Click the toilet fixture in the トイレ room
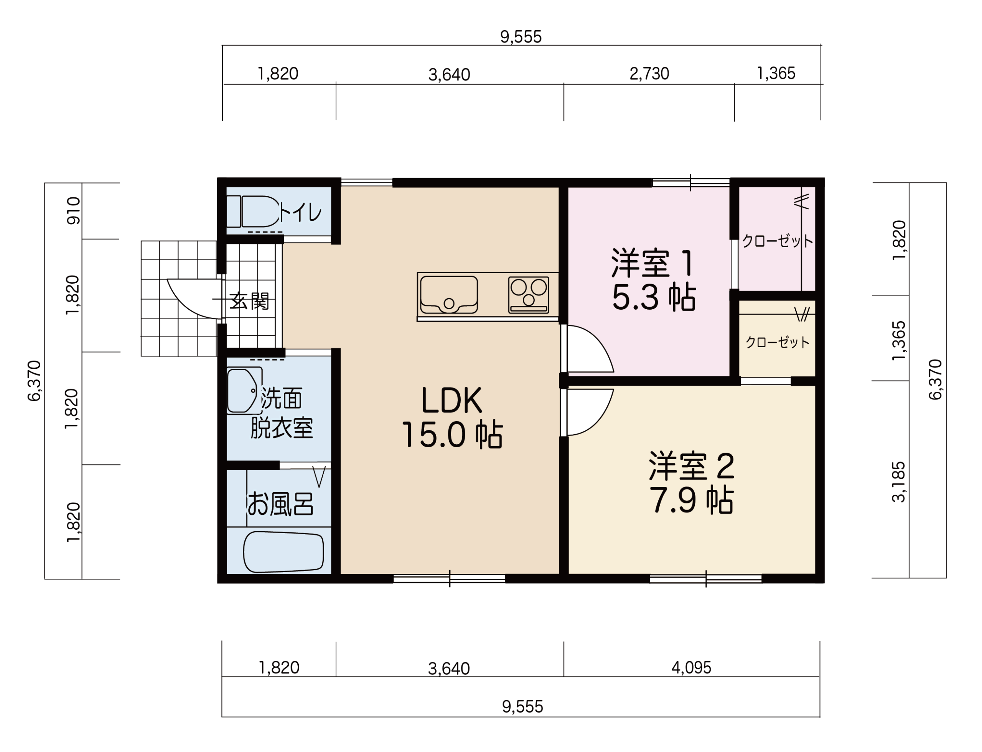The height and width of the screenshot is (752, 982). [253, 211]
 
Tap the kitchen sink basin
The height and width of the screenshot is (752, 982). [449, 294]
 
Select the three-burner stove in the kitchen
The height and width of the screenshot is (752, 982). [529, 294]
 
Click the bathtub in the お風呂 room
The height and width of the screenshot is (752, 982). [283, 552]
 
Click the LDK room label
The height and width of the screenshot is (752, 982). [451, 400]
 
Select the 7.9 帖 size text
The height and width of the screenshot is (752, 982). [691, 501]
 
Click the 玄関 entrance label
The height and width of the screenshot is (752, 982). [250, 301]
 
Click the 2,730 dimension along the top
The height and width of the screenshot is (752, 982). [649, 74]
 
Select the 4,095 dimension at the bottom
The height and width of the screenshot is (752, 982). [691, 667]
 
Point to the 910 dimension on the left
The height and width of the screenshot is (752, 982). [74, 211]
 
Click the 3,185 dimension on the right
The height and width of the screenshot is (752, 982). [899, 482]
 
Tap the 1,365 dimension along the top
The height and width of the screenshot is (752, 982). [776, 74]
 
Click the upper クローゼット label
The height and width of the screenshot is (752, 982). [777, 241]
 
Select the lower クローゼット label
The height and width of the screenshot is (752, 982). [777, 342]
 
